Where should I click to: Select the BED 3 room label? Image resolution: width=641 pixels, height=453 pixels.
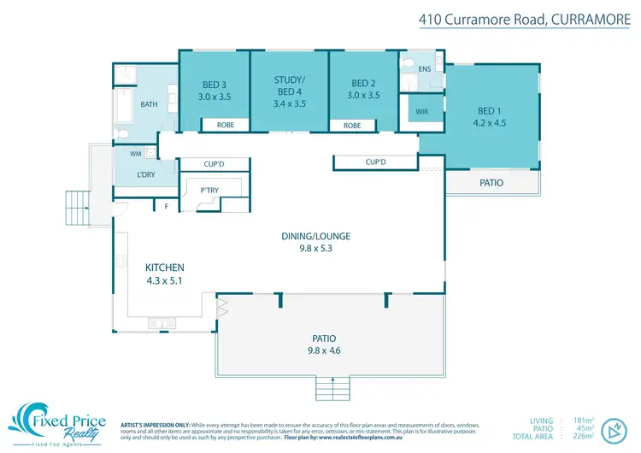pos(215,85)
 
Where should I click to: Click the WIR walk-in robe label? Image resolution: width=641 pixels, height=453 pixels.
pos(421,112)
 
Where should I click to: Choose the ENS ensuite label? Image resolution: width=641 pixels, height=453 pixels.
pos(424,68)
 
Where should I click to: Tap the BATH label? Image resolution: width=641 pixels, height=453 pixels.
pos(150,105)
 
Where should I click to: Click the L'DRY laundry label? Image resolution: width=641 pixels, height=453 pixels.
pos(146,174)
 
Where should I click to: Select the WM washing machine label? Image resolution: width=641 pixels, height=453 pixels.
pos(135,155)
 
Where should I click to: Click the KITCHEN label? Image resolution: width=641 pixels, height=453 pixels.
pos(166,268)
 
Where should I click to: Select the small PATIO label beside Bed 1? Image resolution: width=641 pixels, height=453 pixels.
pos(491,183)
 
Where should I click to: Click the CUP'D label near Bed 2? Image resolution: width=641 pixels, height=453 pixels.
pos(376,162)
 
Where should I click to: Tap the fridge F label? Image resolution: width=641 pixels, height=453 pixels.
pos(167,206)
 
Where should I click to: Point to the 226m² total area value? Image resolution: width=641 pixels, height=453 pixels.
pos(585,436)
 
